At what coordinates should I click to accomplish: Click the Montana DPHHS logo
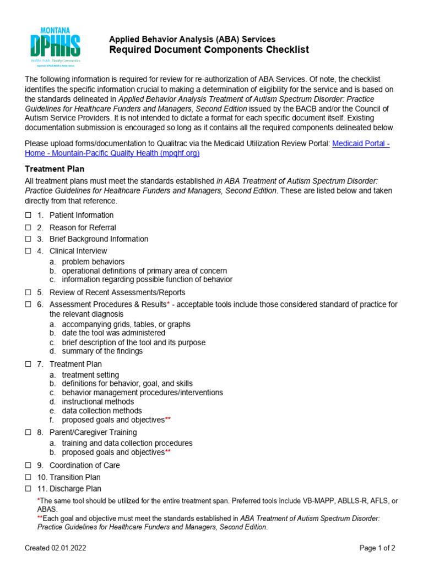coord(55,47)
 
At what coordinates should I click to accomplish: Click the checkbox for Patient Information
coord(29,216)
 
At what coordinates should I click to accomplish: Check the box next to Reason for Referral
coord(29,228)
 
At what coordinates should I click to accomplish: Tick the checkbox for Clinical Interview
coord(29,251)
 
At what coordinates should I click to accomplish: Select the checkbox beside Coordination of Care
coord(29,466)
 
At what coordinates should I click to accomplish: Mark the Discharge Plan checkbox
coord(29,489)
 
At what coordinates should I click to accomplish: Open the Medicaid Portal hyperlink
coord(361,143)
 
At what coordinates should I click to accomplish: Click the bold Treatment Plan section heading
coord(55,169)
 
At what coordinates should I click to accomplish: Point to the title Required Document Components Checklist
coord(209,50)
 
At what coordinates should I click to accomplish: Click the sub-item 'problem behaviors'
coord(93,262)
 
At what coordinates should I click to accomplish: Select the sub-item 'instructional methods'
coord(97,402)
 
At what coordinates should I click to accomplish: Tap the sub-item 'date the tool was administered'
coord(113,333)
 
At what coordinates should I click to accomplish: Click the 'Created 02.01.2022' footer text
coord(56,548)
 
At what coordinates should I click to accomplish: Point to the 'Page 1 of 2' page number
coord(377,548)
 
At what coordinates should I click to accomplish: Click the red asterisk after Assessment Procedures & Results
coord(168,304)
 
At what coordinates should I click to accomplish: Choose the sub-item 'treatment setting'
coord(90,375)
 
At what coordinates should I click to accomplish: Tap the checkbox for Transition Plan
coord(29,477)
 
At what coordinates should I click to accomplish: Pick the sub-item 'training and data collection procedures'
coord(127,443)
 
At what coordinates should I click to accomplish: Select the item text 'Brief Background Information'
coord(99,239)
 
